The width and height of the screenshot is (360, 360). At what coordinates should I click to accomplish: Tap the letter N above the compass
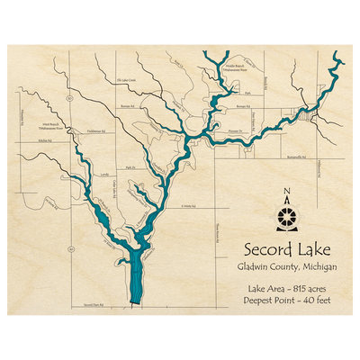pos(287,191)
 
